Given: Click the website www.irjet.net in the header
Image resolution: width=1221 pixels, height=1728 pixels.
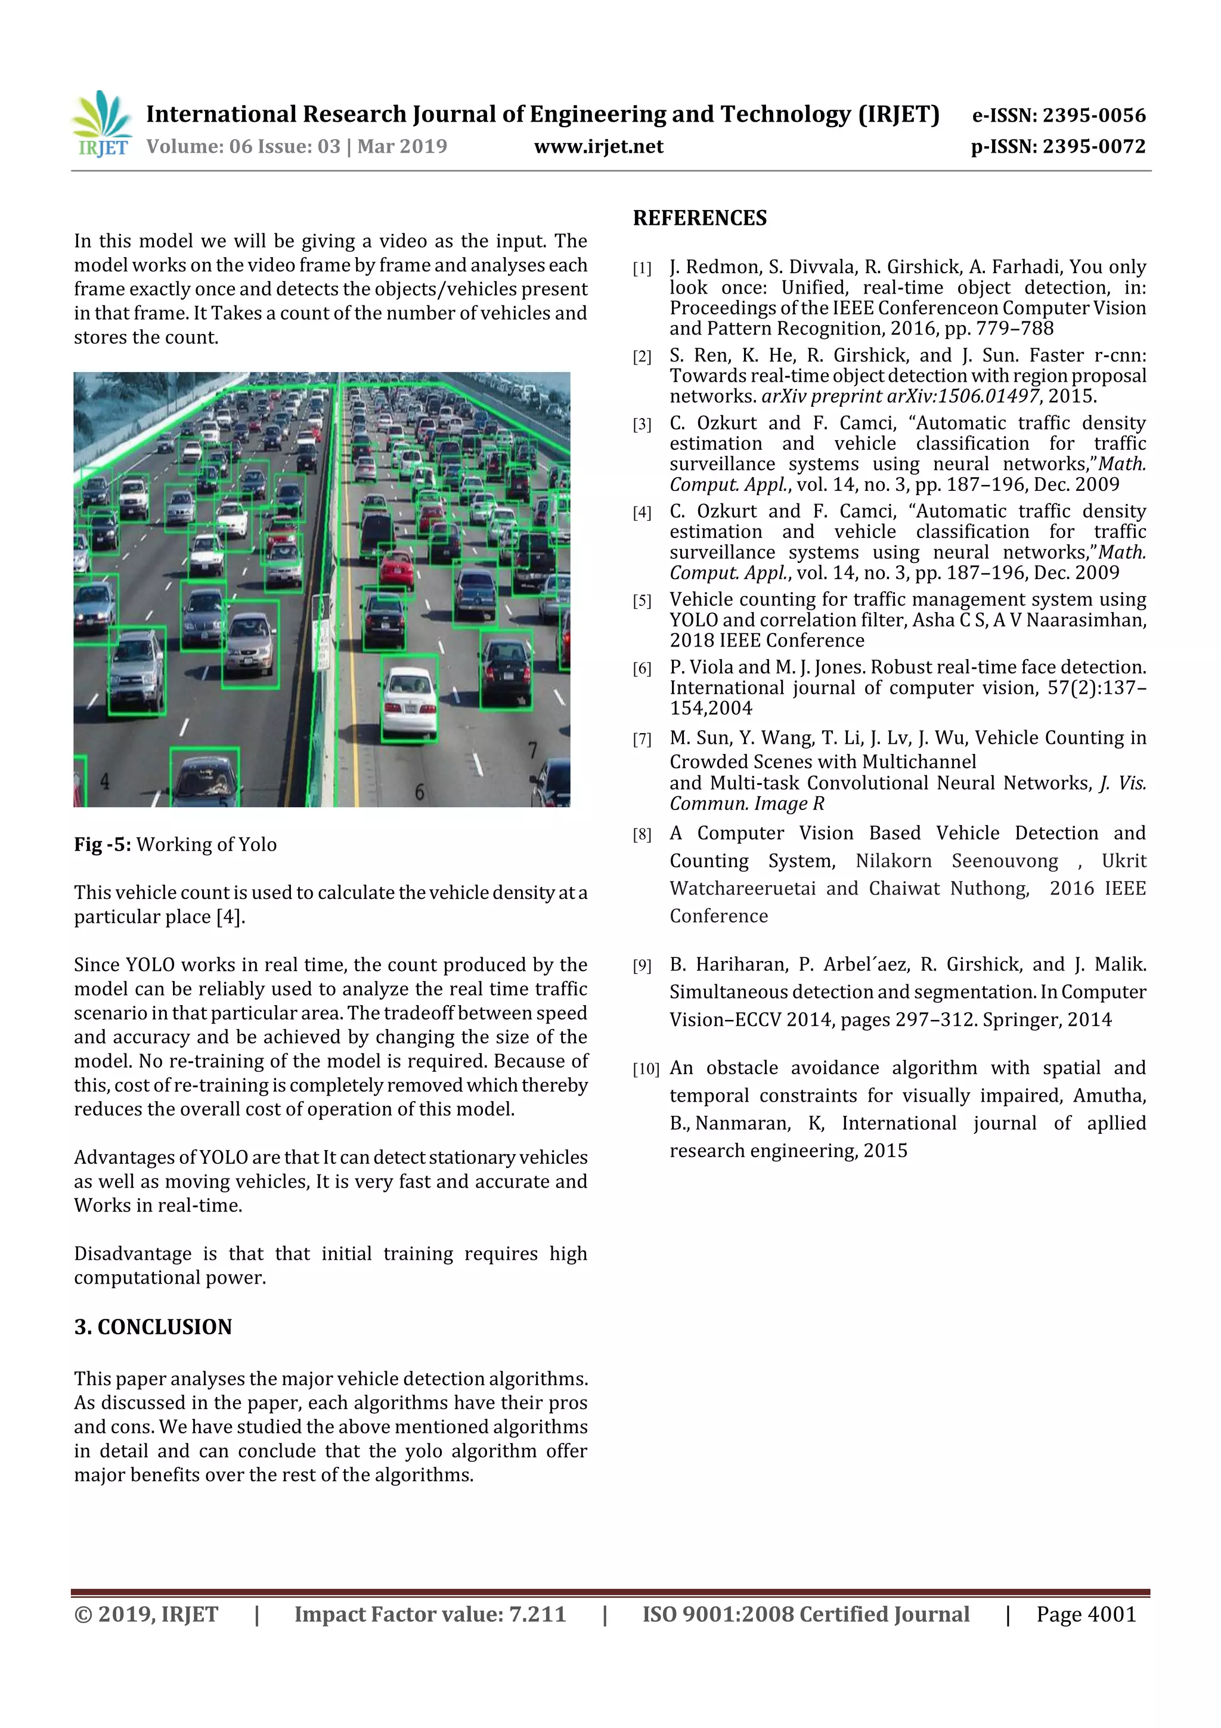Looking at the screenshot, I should coord(598,147).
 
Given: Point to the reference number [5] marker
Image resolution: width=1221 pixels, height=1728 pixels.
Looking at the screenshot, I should coord(642,601).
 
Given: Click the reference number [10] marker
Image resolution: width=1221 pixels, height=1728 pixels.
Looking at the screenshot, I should coord(644,1069).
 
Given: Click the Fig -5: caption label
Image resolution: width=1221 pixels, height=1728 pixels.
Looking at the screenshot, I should coord(103,845).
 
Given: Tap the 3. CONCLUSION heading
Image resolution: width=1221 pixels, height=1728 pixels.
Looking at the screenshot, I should coord(153,1327).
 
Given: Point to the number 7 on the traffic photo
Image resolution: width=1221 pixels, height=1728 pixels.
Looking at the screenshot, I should coord(532,750).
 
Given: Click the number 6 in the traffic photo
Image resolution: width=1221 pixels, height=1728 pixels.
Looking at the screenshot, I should coord(420,791).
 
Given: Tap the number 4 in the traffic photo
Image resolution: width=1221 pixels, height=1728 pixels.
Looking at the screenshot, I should coord(104,782).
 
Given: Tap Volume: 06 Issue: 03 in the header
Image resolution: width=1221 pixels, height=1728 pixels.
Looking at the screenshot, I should coord(243,147).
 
